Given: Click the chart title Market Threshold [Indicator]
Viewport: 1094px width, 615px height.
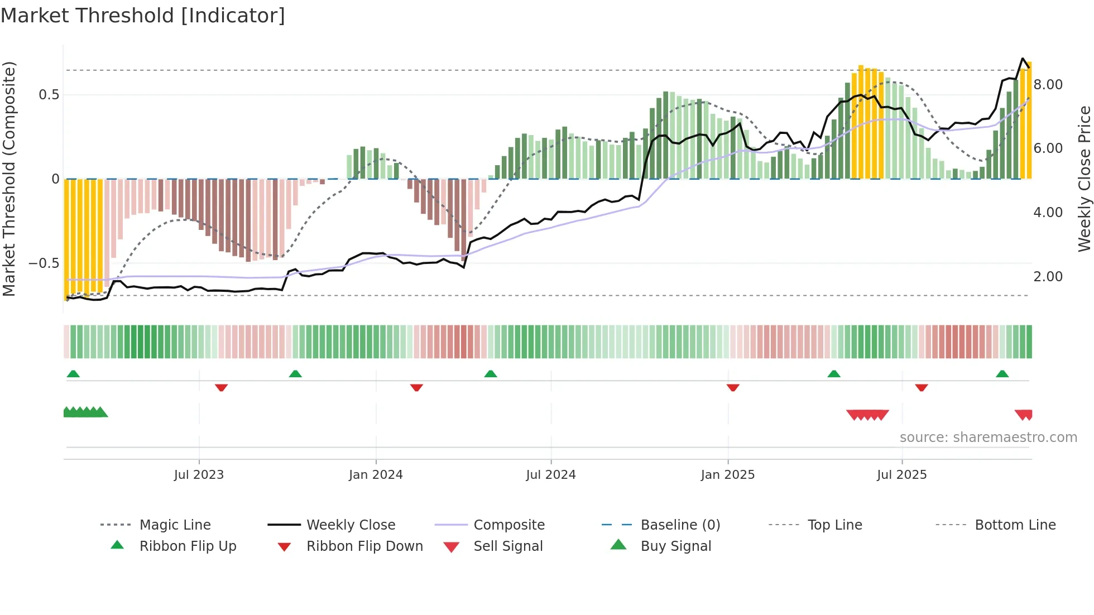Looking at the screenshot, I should (143, 16).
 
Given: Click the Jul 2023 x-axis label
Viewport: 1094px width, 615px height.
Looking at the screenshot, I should (199, 475).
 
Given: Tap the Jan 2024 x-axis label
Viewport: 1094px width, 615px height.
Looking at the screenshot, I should (376, 475).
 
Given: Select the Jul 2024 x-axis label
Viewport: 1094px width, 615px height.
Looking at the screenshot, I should (551, 475).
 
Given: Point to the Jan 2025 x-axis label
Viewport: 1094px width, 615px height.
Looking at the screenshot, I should (728, 475).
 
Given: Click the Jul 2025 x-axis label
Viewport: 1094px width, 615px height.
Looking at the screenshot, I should (902, 475).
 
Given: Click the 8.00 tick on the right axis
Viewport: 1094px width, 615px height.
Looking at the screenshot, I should (1048, 85).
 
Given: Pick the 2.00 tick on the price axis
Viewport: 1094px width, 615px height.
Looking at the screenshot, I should (1048, 277).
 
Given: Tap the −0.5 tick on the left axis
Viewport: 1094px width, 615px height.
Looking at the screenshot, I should (44, 263).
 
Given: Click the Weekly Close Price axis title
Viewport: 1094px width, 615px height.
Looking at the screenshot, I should (1084, 179).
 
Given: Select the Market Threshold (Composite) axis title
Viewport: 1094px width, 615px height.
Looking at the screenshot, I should (9, 179).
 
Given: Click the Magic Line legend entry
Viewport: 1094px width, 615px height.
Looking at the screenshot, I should (175, 525).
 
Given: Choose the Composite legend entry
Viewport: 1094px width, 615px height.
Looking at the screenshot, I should (508, 525).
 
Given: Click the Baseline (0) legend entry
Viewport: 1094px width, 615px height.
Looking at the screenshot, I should (680, 525).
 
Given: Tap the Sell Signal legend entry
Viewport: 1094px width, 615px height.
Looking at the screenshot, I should (507, 546).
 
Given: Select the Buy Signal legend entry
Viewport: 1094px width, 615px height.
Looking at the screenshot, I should (675, 546).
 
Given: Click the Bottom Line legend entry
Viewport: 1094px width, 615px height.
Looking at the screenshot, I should (1015, 525).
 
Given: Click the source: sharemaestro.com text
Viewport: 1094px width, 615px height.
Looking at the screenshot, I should (988, 438).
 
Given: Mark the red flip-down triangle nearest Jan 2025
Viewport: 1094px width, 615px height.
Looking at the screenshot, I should (733, 387).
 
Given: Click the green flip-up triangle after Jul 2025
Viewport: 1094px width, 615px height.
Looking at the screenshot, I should (1002, 374).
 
